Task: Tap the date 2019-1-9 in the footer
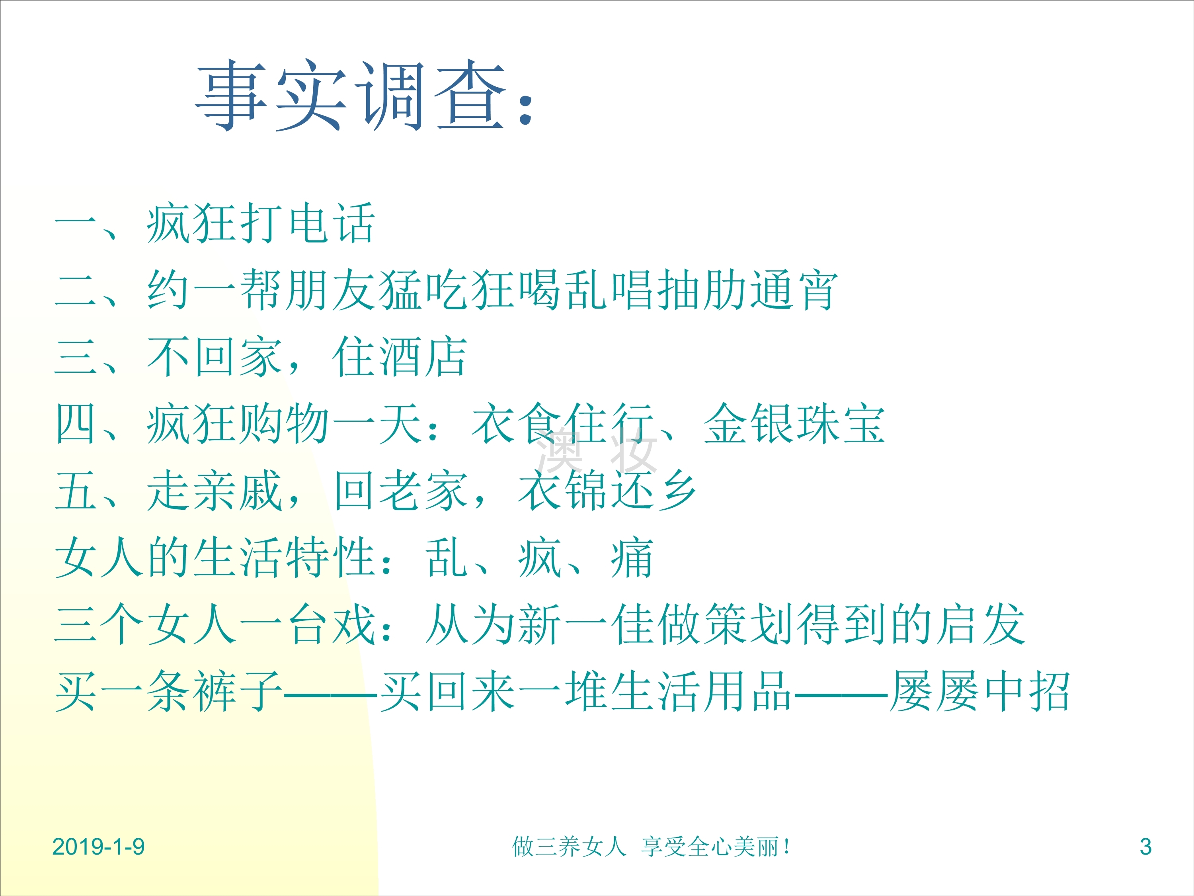tap(99, 847)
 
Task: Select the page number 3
tap(1145, 847)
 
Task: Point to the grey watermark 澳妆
tap(597, 450)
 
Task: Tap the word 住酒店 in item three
tap(400, 357)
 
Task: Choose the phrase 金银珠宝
tap(794, 424)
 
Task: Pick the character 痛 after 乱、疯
tap(632, 558)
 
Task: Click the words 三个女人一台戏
tap(215, 625)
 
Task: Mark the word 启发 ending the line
tap(980, 625)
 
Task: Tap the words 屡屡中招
tap(980, 692)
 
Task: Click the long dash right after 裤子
tap(330, 693)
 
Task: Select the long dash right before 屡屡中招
tap(841, 693)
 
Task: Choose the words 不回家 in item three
tap(215, 357)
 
